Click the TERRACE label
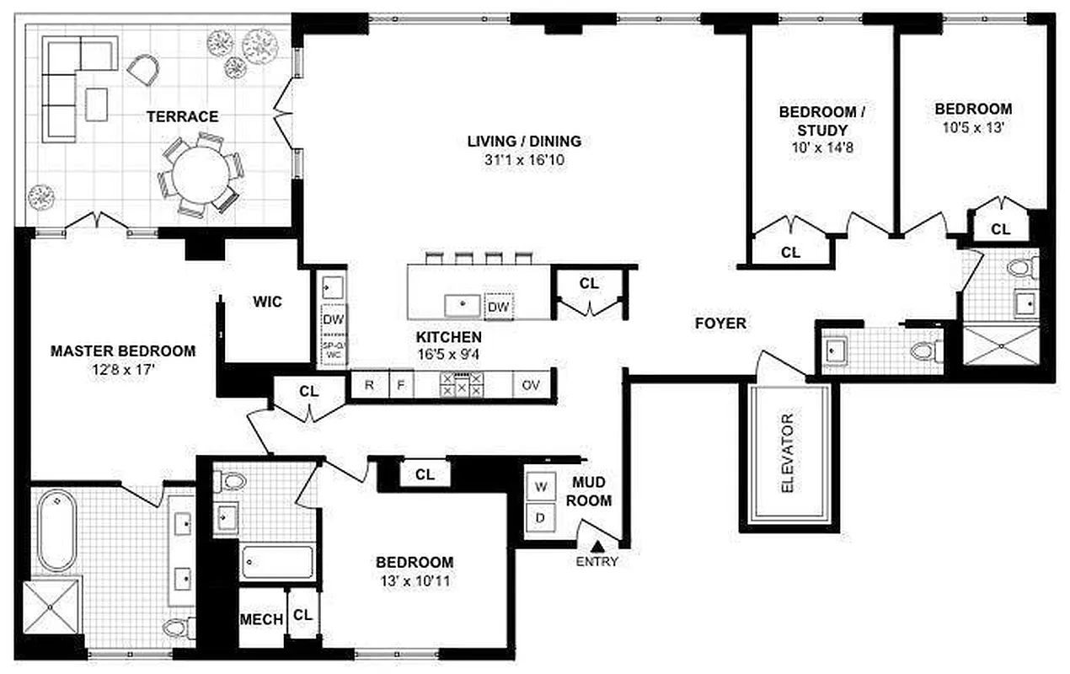tap(183, 116)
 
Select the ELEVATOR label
tap(788, 453)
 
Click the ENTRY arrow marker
tap(597, 548)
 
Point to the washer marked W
tap(539, 486)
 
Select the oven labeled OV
tap(531, 386)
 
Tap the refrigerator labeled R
tap(369, 386)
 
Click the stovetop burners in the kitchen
tap(459, 385)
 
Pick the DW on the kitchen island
tap(499, 307)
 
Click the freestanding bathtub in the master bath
tap(56, 532)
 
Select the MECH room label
tap(261, 619)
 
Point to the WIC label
tap(267, 301)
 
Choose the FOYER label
tap(720, 323)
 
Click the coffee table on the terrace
tap(97, 104)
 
